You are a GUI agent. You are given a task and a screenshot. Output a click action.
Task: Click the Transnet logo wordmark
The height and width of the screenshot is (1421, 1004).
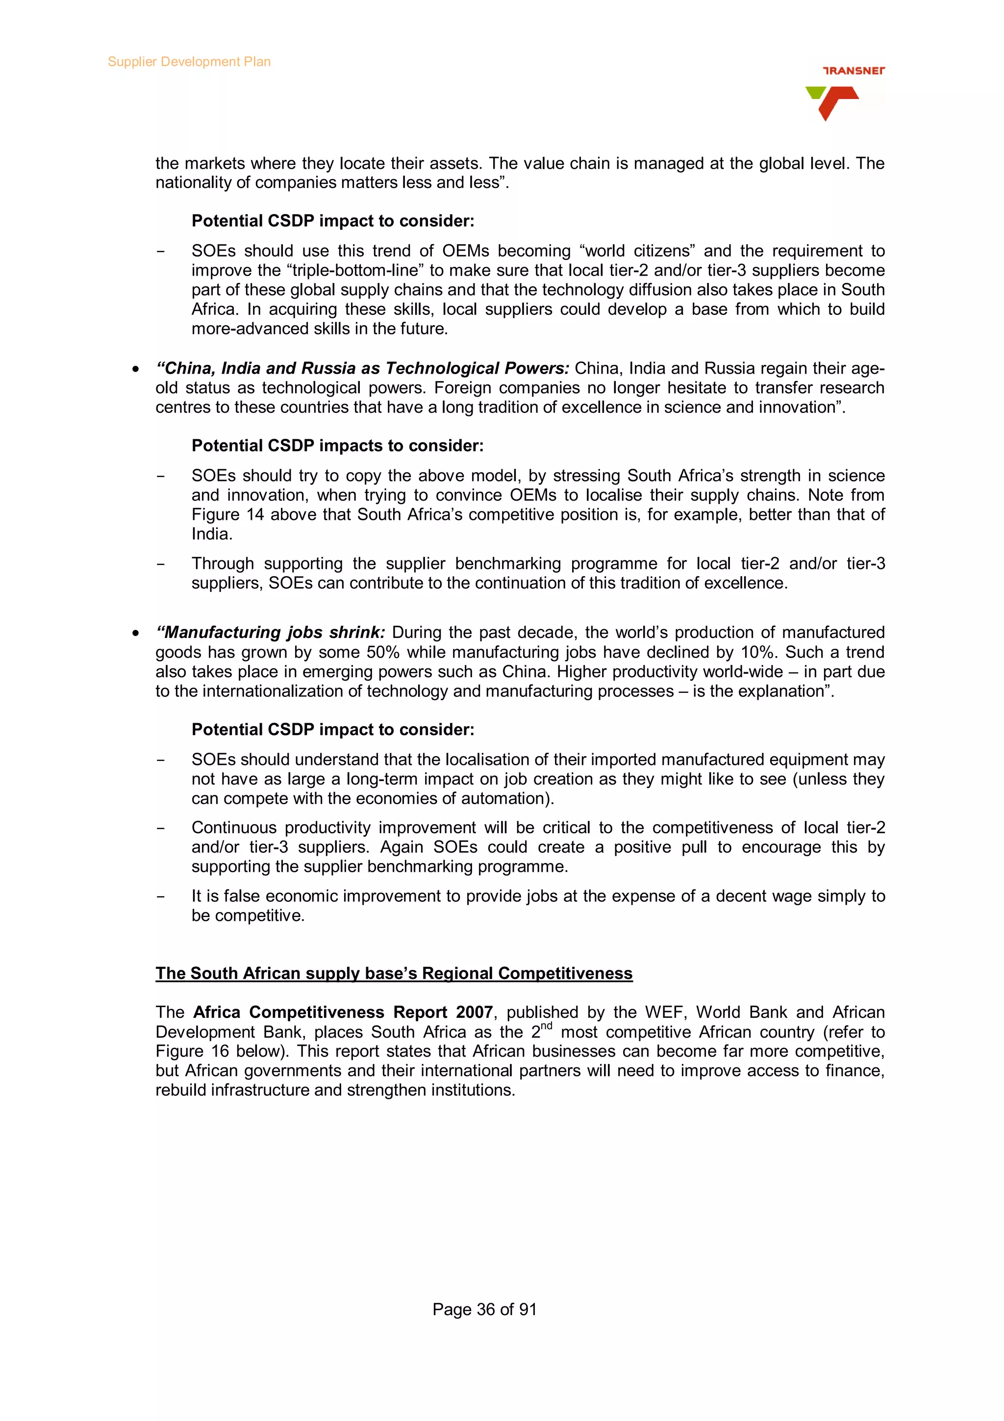(x=853, y=71)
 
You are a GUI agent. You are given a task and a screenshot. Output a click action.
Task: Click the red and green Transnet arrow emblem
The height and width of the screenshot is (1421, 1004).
(x=831, y=102)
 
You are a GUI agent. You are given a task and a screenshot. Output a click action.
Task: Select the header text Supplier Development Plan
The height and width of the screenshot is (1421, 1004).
(x=189, y=62)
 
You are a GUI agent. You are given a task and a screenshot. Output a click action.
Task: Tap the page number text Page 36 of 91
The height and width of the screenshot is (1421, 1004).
(x=484, y=1309)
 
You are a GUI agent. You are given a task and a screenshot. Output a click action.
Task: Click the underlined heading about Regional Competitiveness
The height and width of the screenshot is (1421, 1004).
(x=394, y=973)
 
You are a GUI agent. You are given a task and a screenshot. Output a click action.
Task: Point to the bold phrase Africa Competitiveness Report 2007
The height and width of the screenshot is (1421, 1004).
(x=343, y=1012)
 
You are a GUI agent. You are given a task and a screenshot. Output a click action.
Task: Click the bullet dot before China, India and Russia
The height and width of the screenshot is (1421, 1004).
(x=135, y=370)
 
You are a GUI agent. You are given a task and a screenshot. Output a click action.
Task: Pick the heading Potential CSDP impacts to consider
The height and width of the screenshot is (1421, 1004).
(x=337, y=446)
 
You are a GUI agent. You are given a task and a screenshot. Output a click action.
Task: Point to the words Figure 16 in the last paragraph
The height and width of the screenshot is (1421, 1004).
(x=192, y=1051)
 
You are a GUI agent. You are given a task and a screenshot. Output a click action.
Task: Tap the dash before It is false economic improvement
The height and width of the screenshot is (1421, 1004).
(x=161, y=896)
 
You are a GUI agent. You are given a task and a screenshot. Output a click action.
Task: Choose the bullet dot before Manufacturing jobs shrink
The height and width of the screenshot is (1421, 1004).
(x=135, y=634)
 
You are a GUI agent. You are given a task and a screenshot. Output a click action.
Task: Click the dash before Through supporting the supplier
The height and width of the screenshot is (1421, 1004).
(x=161, y=564)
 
